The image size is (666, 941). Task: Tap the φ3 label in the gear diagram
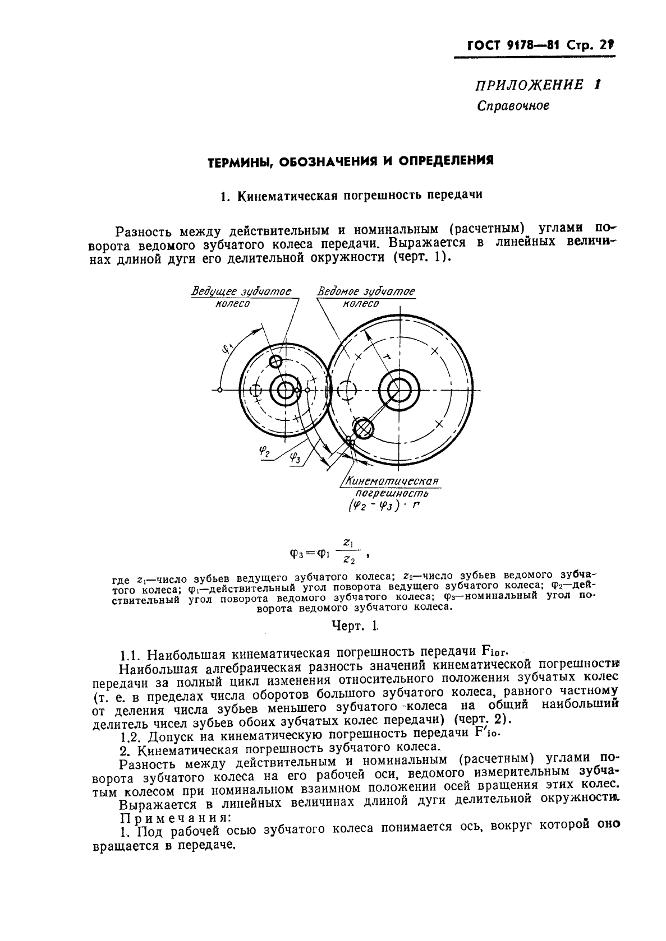click(x=295, y=458)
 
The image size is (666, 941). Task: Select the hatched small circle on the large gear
click(x=364, y=429)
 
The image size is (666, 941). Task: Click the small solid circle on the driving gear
click(x=275, y=361)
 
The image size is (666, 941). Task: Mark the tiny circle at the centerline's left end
click(x=220, y=390)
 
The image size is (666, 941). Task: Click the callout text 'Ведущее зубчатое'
click(x=242, y=291)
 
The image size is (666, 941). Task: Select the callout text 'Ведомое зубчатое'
click(x=366, y=291)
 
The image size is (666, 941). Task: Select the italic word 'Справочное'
click(x=513, y=105)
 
